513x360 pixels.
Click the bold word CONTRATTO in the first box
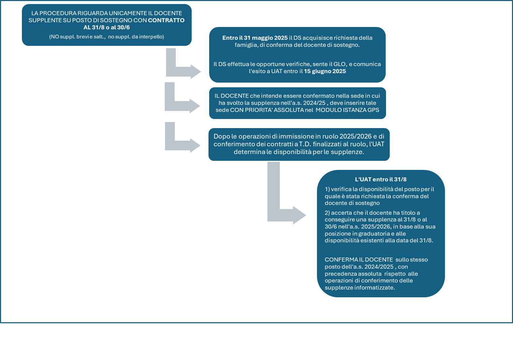[166, 20]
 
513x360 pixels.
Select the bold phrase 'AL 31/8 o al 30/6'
[106, 27]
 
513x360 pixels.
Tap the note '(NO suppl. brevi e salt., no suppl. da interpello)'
[106, 37]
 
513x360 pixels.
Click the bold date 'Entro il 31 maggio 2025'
[255, 38]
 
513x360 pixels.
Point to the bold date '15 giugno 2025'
[325, 71]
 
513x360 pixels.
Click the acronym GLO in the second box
[340, 64]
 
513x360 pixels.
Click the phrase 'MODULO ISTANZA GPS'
[347, 110]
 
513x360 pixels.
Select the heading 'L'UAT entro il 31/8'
[381, 179]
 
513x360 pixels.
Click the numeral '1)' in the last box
[327, 189]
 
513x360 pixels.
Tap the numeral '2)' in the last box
[327, 213]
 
